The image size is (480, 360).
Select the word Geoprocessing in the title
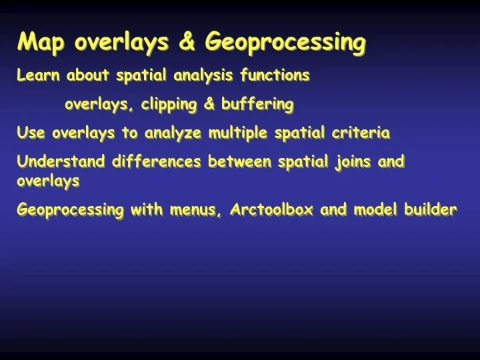pyautogui.click(x=285, y=43)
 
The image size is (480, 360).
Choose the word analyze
pyautogui.click(x=173, y=134)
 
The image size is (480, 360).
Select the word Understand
pyautogui.click(x=62, y=162)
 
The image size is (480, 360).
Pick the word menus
pyautogui.click(x=191, y=210)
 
